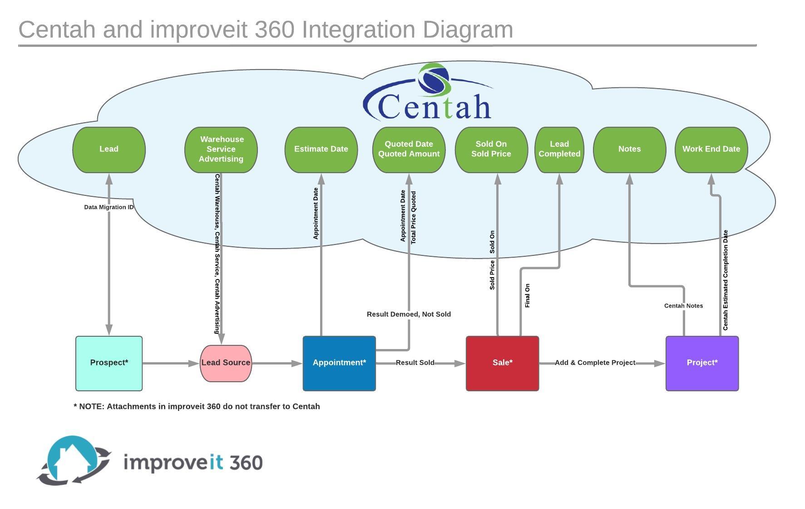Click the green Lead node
coord(109,150)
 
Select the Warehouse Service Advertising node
coord(221,150)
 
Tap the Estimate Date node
coord(321,150)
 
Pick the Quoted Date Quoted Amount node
coord(409,150)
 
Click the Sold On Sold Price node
coord(491,150)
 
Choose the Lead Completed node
coord(559,150)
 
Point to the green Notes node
coord(629,150)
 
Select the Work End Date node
coord(711,150)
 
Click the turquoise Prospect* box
coord(109,363)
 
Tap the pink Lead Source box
coord(226,363)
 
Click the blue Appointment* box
coord(339,363)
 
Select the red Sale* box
coord(503,363)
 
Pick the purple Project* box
coord(702,363)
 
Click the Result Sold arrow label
coord(415,363)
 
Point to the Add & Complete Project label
coord(595,363)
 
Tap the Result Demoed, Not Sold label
coord(409,314)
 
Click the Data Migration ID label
coord(109,207)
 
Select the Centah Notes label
coord(683,306)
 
